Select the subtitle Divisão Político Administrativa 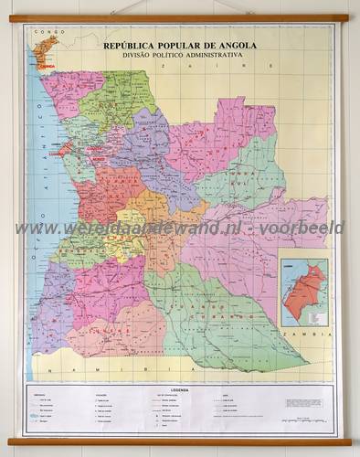(x=180, y=55)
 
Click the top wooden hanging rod (x=180, y=18)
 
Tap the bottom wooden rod (x=180, y=441)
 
